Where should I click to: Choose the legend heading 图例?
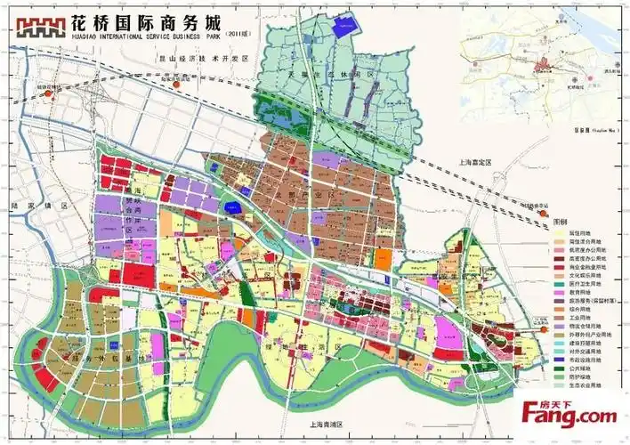click(561, 220)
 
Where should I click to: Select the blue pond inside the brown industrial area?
click(238, 208)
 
